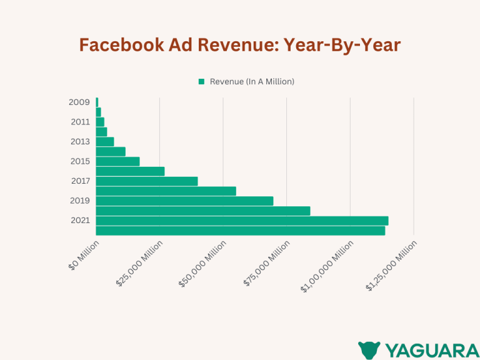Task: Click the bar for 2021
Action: [242, 221]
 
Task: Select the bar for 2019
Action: [184, 201]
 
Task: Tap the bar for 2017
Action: [147, 181]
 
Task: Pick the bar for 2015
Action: [117, 161]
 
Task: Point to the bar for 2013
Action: [105, 142]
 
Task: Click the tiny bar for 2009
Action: [97, 102]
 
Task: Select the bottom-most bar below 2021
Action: [240, 231]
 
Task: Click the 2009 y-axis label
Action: [79, 102]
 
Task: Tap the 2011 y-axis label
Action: [80, 122]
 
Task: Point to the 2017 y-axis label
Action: [80, 181]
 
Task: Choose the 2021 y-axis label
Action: [80, 221]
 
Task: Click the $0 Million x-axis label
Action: [84, 255]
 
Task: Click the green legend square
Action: [201, 82]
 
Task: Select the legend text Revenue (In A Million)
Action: [252, 82]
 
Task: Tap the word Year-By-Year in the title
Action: [342, 46]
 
